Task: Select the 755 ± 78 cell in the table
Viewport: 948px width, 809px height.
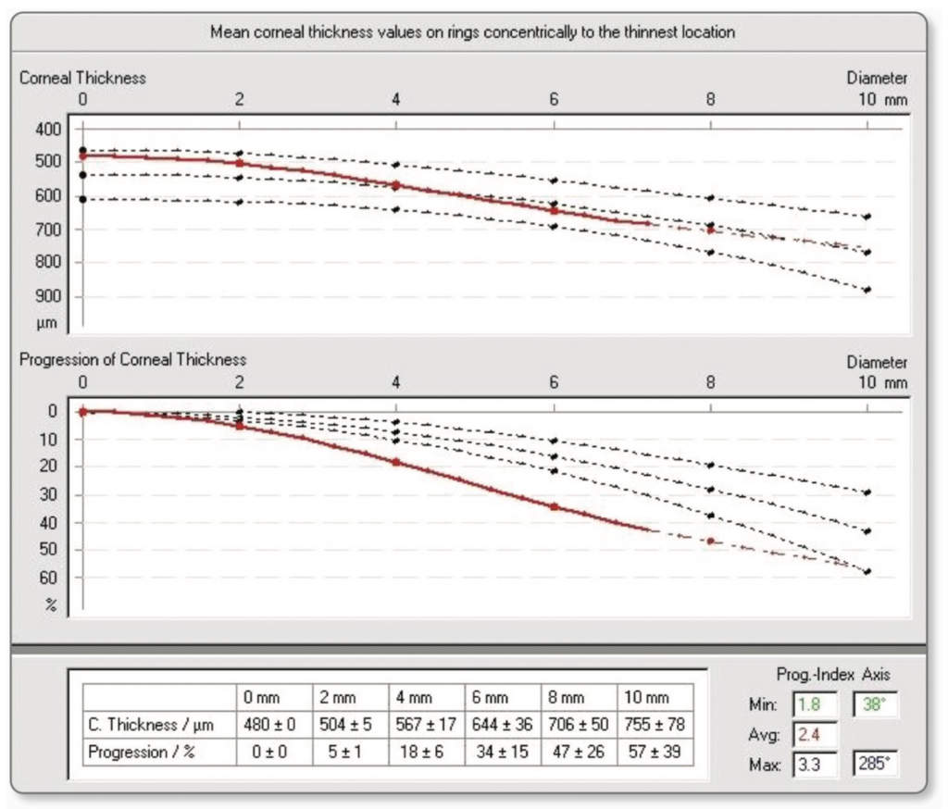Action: pos(655,726)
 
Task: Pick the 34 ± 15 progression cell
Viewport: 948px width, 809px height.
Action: pos(503,753)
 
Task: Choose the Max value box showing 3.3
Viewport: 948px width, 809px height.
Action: pos(815,766)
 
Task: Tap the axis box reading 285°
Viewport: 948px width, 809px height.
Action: pos(875,766)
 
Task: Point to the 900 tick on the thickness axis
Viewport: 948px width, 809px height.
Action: pos(48,296)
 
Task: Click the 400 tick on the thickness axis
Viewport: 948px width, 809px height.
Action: pos(48,129)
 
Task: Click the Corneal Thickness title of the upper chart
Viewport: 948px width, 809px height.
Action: pos(82,79)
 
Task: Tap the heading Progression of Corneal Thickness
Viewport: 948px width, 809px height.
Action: pos(133,360)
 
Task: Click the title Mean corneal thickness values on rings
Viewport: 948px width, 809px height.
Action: pos(472,32)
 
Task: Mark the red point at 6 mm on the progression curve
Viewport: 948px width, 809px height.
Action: pos(554,506)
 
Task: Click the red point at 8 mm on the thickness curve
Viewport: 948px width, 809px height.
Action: pos(711,230)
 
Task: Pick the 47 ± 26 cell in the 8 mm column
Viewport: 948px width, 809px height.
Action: pos(579,753)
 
